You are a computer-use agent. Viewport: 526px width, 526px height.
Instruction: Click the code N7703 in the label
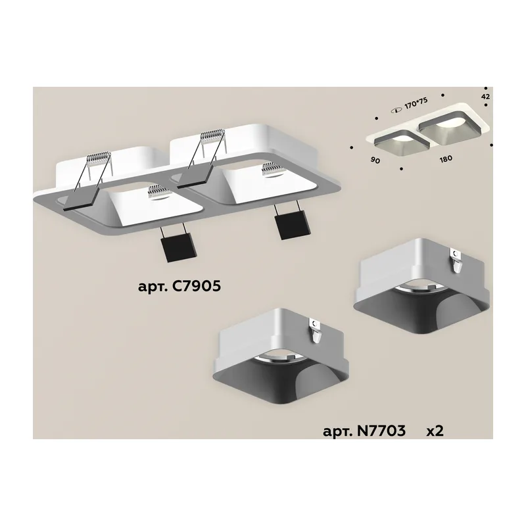pyautogui.click(x=381, y=431)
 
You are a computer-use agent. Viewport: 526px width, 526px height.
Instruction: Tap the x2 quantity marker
pyautogui.click(x=435, y=431)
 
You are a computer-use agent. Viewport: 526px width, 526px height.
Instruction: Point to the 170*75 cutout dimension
pyautogui.click(x=416, y=103)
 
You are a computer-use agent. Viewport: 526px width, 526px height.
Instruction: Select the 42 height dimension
pyautogui.click(x=485, y=97)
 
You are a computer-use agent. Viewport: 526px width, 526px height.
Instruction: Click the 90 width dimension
pyautogui.click(x=375, y=160)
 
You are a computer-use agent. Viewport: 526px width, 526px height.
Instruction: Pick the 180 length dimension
pyautogui.click(x=446, y=158)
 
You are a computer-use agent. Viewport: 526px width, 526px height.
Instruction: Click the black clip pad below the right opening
pyautogui.click(x=290, y=226)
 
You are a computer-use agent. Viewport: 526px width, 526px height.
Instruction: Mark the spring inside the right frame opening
pyautogui.click(x=272, y=170)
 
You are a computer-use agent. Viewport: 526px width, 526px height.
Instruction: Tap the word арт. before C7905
pyautogui.click(x=153, y=287)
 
